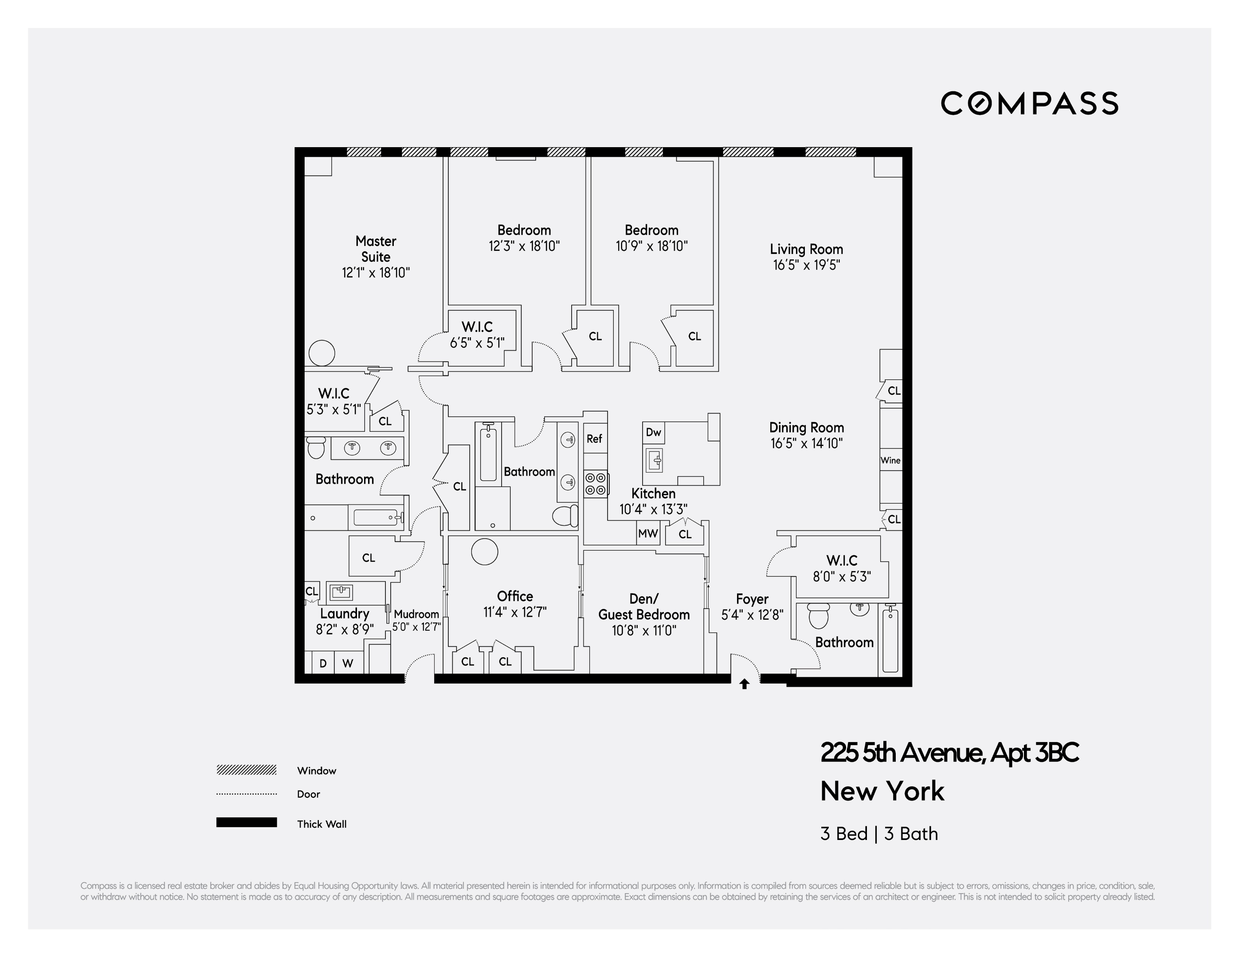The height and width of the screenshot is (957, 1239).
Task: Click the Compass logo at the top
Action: click(x=1029, y=104)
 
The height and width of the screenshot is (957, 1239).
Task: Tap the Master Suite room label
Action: click(x=376, y=249)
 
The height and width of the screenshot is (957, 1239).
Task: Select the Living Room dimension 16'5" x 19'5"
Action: click(x=806, y=265)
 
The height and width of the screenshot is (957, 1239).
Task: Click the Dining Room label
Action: click(x=806, y=428)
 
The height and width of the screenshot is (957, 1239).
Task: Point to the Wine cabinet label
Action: click(x=890, y=460)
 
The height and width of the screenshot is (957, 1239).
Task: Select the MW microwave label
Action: click(x=648, y=533)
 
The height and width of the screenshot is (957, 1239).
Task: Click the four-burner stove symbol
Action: click(x=595, y=484)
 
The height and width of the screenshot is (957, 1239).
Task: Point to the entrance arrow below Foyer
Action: click(x=744, y=685)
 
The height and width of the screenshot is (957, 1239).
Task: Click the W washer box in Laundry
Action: click(x=348, y=663)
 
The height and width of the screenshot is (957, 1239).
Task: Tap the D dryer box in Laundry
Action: click(x=323, y=663)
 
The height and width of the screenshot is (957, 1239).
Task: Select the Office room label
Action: click(x=514, y=596)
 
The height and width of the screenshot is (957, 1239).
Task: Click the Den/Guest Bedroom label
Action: click(x=644, y=607)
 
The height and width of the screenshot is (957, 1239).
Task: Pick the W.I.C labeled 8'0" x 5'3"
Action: click(x=842, y=568)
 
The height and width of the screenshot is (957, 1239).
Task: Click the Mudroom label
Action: click(x=416, y=614)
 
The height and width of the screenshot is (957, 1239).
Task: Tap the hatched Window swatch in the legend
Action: click(x=246, y=770)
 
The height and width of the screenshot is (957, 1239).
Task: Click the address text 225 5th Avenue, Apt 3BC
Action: click(x=949, y=753)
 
